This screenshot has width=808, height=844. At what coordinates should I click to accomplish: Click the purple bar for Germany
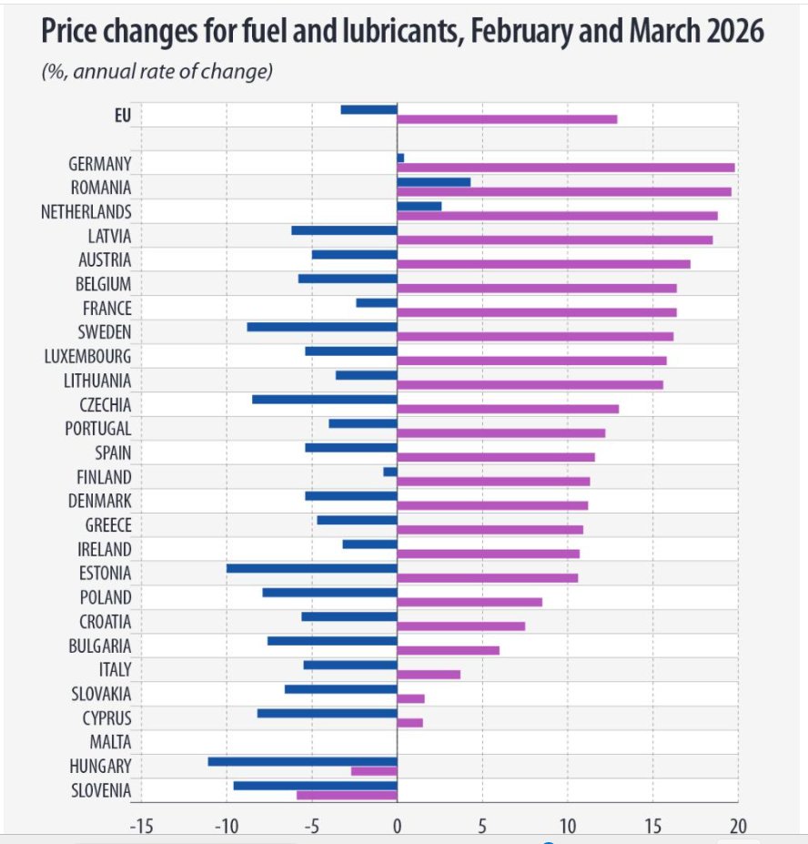click(x=566, y=168)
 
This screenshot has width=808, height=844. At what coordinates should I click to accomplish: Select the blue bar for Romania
click(x=434, y=182)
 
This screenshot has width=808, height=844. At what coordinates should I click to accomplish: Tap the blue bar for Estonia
click(x=312, y=568)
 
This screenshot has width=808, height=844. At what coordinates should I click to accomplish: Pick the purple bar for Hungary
click(x=374, y=771)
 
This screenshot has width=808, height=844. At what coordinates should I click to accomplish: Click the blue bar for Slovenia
click(x=315, y=786)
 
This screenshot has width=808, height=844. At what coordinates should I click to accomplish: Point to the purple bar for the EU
click(x=508, y=119)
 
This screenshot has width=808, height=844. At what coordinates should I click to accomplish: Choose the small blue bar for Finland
click(x=390, y=472)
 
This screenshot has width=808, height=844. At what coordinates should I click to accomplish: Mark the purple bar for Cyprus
click(x=410, y=722)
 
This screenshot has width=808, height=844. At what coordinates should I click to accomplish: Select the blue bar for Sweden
click(x=322, y=327)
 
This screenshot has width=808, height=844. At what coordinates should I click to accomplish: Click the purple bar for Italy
click(x=429, y=675)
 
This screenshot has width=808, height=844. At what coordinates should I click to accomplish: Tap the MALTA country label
click(x=110, y=742)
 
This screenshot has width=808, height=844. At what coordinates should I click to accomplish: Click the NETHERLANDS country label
click(x=86, y=211)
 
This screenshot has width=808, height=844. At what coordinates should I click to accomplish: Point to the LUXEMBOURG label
click(x=87, y=356)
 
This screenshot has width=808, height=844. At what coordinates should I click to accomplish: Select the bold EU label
click(x=123, y=116)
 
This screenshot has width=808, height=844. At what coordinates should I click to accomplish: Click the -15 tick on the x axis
click(x=141, y=825)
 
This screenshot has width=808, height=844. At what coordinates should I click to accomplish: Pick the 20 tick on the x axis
click(x=738, y=825)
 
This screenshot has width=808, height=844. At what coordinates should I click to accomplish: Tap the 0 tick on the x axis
click(x=397, y=825)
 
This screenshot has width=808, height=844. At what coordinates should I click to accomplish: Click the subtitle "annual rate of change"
click(x=169, y=71)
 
